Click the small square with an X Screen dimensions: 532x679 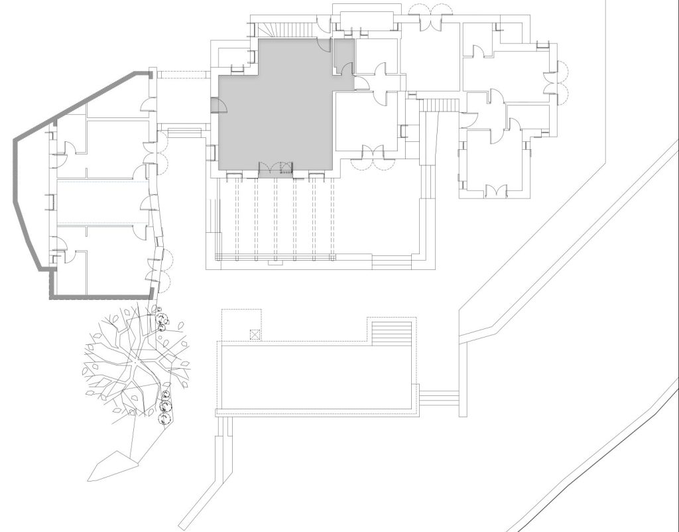[253, 334]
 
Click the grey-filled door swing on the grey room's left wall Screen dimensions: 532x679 [217, 107]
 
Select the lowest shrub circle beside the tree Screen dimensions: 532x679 [162, 417]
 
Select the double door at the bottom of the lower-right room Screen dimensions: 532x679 [496, 191]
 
